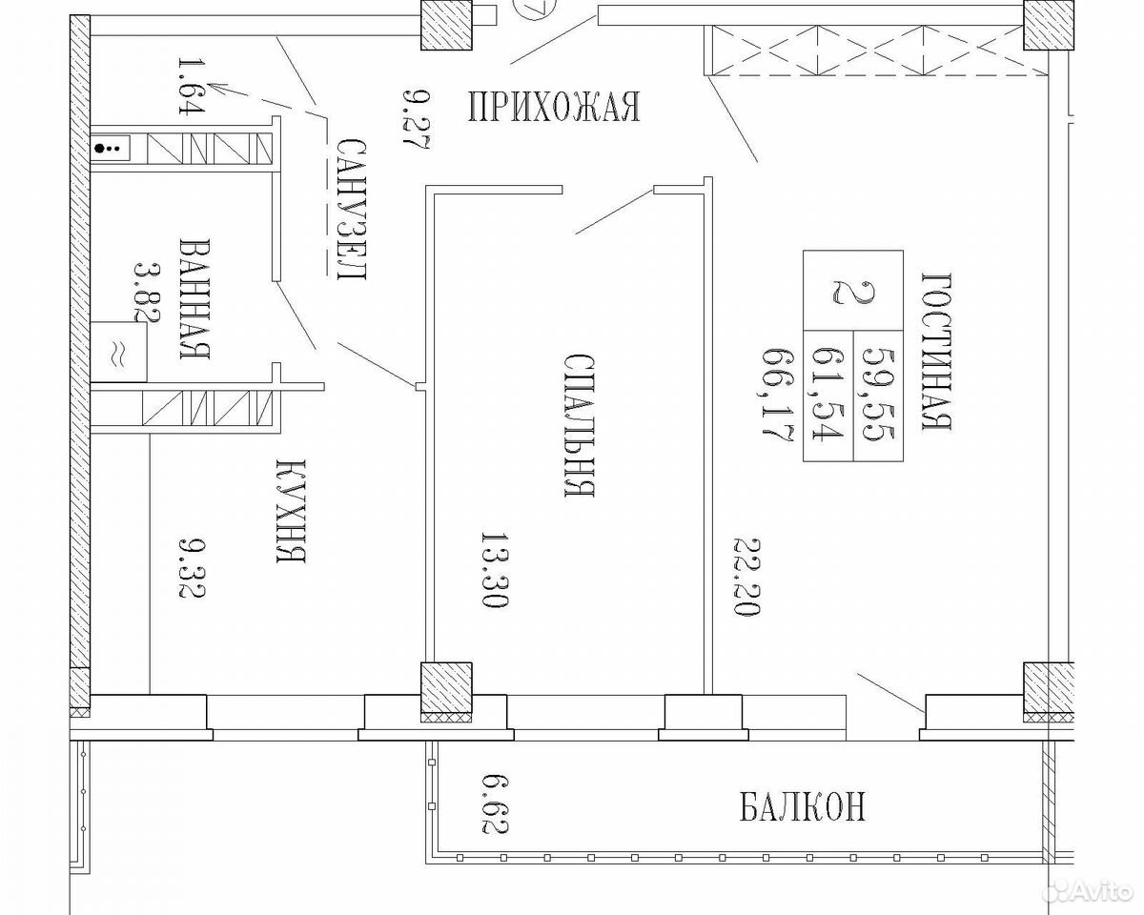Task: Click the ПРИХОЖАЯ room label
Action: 554,107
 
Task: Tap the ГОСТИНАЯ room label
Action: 936,352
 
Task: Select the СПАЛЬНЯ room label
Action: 579,425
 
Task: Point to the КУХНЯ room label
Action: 292,511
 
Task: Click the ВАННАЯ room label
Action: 194,298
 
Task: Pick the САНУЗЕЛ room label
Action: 352,210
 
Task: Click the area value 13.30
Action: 495,571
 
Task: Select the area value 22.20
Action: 747,578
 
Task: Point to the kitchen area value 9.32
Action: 192,568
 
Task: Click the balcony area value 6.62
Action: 495,804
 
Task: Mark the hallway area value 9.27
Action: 416,120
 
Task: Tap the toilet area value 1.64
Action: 191,86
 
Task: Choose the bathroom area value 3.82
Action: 147,292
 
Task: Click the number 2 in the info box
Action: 852,292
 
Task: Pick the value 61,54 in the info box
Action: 827,395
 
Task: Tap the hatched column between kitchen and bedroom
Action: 446,692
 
